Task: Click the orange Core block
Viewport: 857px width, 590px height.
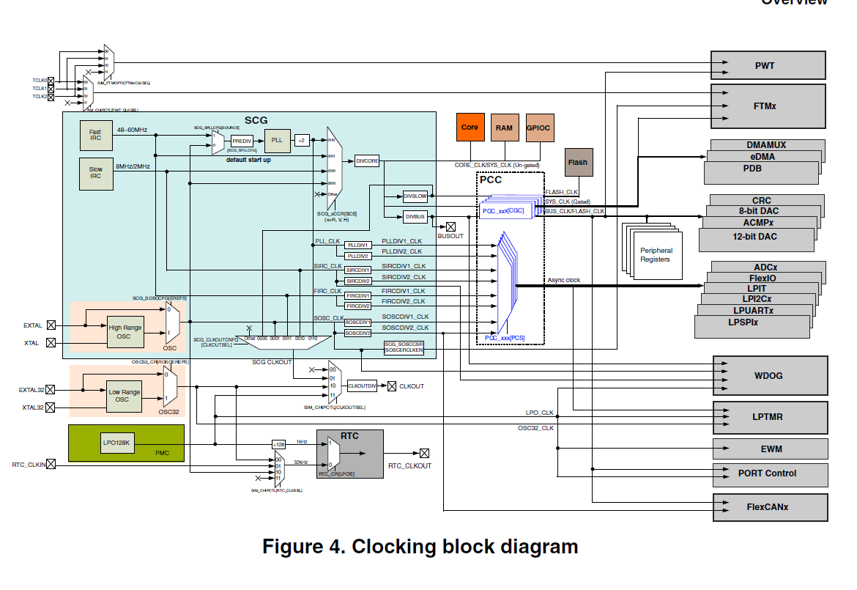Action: [470, 128]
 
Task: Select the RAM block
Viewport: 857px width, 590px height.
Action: [504, 128]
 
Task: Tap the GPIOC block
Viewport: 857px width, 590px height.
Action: [538, 128]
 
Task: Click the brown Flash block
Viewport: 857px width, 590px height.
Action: [578, 162]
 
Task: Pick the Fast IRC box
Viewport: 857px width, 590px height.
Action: [95, 136]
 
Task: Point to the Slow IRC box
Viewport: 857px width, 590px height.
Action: [95, 174]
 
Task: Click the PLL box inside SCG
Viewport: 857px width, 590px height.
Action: [276, 139]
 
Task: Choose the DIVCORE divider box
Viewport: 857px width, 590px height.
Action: [367, 161]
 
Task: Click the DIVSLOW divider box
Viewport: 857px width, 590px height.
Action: [415, 196]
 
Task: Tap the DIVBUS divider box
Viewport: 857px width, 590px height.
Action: [415, 217]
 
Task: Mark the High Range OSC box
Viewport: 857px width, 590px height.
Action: [125, 332]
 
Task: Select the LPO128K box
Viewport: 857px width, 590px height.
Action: [117, 443]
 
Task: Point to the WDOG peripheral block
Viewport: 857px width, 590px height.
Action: [769, 375]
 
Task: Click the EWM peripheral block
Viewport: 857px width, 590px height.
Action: [771, 449]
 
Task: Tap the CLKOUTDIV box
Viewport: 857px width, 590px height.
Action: [362, 386]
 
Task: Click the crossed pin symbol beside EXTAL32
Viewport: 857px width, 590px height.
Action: [51, 390]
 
